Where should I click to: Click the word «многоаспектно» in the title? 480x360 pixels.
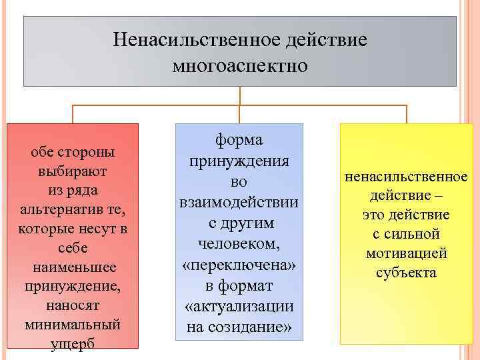coord(239,65)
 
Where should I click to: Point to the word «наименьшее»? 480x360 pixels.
coord(73,267)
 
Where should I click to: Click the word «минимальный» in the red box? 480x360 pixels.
coord(73,325)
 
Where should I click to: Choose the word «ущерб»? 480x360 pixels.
coord(73,344)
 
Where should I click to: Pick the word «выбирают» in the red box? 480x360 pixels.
coord(73,171)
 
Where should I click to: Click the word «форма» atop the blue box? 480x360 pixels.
coord(239,140)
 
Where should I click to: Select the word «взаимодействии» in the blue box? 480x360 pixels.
coord(239,201)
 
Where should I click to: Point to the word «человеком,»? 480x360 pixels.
coord(239,243)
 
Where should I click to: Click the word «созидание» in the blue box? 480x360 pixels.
coord(249,327)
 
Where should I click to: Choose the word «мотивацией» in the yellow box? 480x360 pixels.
coord(406,253)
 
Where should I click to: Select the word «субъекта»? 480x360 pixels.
coord(406,273)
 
